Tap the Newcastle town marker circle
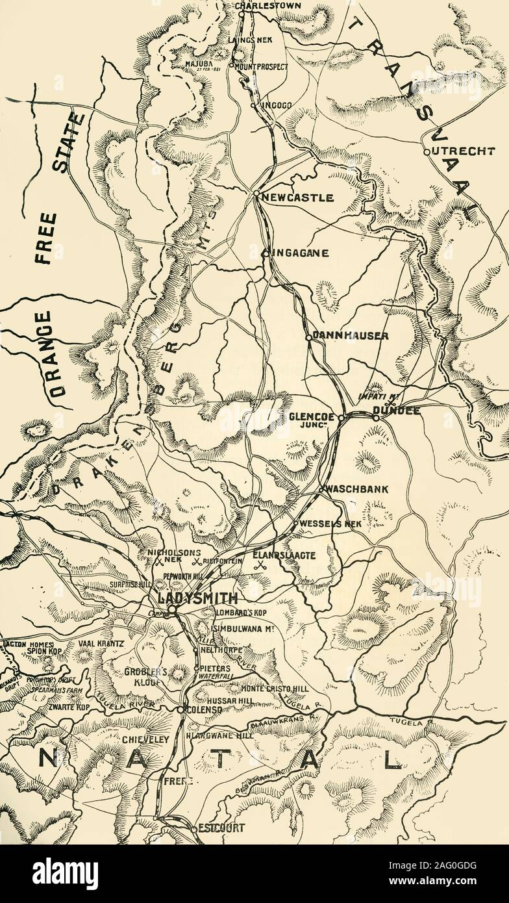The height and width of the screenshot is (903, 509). [256, 194]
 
